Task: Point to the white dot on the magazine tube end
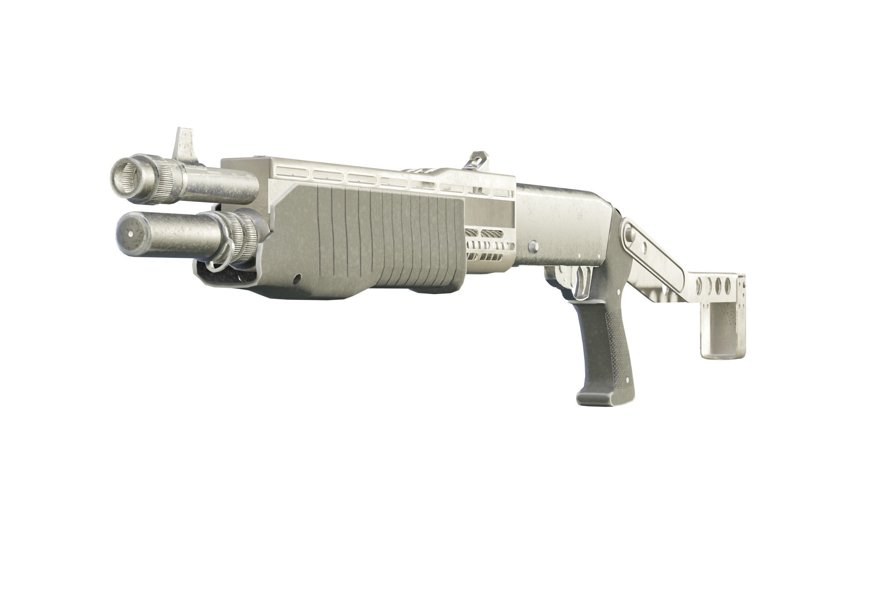(131, 234)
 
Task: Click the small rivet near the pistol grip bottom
(627, 379)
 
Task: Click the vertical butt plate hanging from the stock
(723, 328)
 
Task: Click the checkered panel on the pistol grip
(617, 340)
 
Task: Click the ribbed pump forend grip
(377, 242)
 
